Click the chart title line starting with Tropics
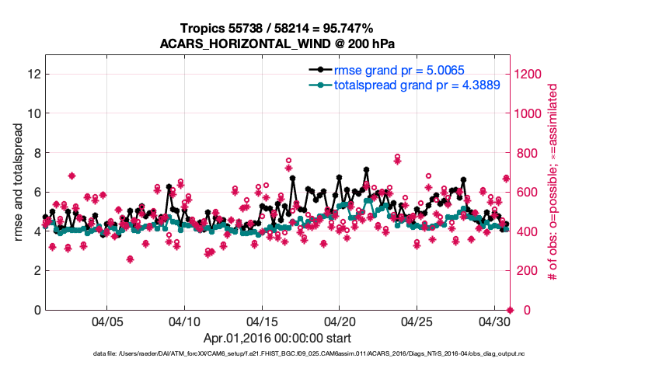pyautogui.click(x=277, y=28)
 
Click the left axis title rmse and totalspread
pyautogui.click(x=18, y=182)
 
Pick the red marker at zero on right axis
pyautogui.click(x=509, y=309)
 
